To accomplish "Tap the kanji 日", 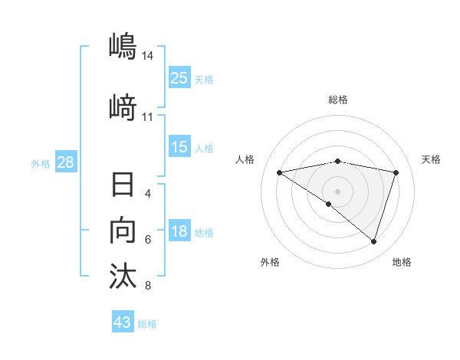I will pos(123,186).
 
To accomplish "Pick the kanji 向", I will pos(123,231).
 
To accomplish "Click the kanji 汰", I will pos(123,276).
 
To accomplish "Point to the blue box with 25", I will pos(179,77).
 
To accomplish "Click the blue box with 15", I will pos(179,147).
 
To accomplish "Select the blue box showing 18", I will pos(179,231).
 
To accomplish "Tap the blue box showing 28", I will pos(65,162).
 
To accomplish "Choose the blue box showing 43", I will pos(123,322).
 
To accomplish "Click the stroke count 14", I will pos(148,56).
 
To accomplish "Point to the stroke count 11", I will pos(148,117).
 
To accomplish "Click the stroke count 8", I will pos(148,286).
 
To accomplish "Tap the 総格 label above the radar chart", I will pos(337,100).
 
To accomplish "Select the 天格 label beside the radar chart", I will pos(431,159).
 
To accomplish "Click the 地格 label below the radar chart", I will pos(402,262).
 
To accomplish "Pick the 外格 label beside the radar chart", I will pos(270,262).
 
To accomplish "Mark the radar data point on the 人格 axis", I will pos(280,172).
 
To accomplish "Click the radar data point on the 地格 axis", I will pos(373,241).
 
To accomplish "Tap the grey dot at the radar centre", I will pos(337,191).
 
